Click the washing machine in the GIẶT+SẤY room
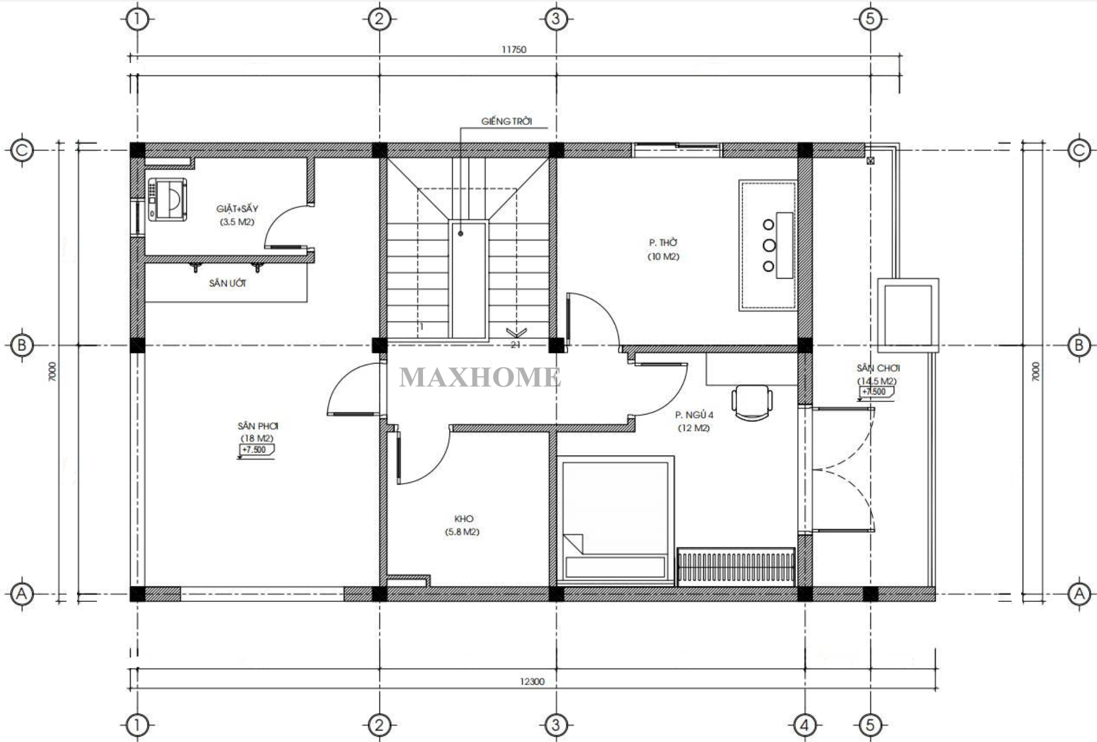tap(167, 200)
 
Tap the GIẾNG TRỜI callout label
tap(506, 122)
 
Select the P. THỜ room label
tap(663, 243)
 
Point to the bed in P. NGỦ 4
tap(615, 521)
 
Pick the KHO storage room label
tap(464, 519)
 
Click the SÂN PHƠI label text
tap(258, 426)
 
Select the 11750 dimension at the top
tap(514, 50)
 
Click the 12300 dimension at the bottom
tap(532, 681)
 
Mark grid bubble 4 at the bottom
tap(805, 724)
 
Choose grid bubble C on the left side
tap(22, 151)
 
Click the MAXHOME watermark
tap(480, 377)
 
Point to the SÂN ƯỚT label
tap(227, 283)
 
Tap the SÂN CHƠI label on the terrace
tap(878, 368)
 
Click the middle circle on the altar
tap(769, 246)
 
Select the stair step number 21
tap(515, 344)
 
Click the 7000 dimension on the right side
tap(1035, 372)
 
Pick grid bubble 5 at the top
tap(870, 20)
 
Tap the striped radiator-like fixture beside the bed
tap(736, 567)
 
